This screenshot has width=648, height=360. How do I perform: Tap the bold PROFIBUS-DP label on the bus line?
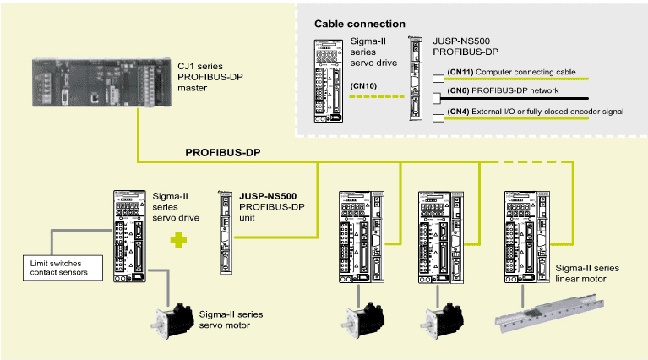point(223,153)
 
